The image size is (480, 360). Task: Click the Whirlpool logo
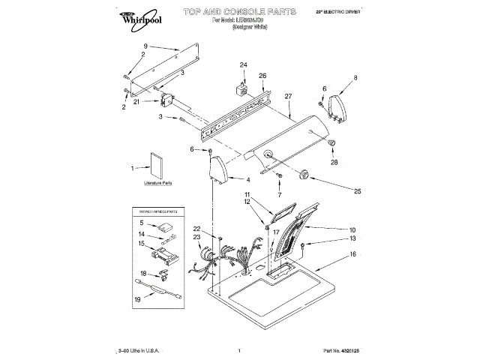pyautogui.click(x=136, y=16)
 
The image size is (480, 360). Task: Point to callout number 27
pyautogui.click(x=288, y=96)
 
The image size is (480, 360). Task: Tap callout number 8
pyautogui.click(x=355, y=77)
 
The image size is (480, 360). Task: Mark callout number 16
pyautogui.click(x=352, y=254)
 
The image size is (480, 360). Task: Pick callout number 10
pyautogui.click(x=352, y=229)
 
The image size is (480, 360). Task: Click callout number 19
pyautogui.click(x=138, y=299)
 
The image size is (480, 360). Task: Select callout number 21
pyautogui.click(x=136, y=101)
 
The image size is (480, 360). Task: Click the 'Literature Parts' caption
pyautogui.click(x=157, y=183)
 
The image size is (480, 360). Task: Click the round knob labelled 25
pyautogui.click(x=305, y=175)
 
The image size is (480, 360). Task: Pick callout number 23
pyautogui.click(x=198, y=237)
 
